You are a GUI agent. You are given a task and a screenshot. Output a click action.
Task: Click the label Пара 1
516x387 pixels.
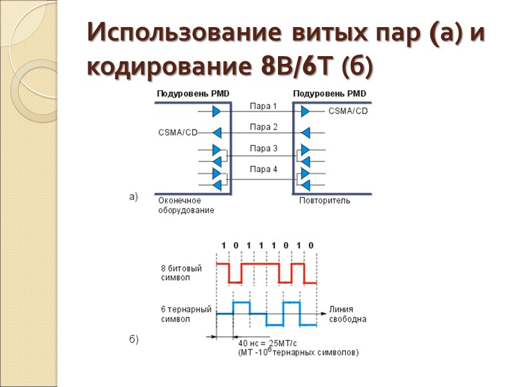point(263,106)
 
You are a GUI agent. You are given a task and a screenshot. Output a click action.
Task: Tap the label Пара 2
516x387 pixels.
point(263,127)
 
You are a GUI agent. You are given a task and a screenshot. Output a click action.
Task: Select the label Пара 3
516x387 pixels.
point(263,148)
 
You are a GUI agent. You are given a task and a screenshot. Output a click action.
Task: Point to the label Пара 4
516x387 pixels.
point(263,170)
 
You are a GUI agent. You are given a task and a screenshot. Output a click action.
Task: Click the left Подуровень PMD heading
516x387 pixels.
point(193,94)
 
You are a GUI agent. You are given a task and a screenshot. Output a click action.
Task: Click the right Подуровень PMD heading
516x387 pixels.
point(330,94)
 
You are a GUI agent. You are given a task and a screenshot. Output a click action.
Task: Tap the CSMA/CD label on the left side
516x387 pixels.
point(177,133)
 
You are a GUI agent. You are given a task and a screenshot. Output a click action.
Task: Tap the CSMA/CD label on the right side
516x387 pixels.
point(348,111)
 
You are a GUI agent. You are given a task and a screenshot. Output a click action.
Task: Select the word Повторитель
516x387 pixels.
point(324,201)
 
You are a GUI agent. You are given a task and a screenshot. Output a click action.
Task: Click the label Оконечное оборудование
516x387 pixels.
point(186,205)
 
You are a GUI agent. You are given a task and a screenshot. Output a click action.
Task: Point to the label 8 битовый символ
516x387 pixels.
point(181,272)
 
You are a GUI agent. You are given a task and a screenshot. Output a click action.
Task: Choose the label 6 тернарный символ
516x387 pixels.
point(186,314)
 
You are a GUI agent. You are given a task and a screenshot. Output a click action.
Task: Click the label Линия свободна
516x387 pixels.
point(348,313)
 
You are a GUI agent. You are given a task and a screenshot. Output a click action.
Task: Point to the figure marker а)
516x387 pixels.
point(134,197)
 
